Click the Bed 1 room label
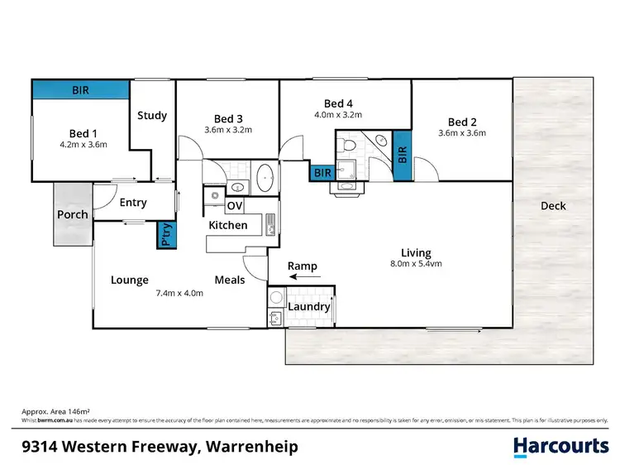pos(83,133)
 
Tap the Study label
pos(152,116)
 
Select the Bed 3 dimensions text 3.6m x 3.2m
pos(228,130)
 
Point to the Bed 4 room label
pos(338,103)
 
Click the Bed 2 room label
pos(461,121)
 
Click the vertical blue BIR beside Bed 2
pos(403,155)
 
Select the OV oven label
pos(235,206)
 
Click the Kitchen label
pos(227,225)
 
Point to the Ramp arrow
pos(302,278)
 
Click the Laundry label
pos(308,306)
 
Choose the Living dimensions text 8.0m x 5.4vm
pos(416,265)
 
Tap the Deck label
pos(553,206)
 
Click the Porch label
pos(72,215)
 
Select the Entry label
pos(133,203)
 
